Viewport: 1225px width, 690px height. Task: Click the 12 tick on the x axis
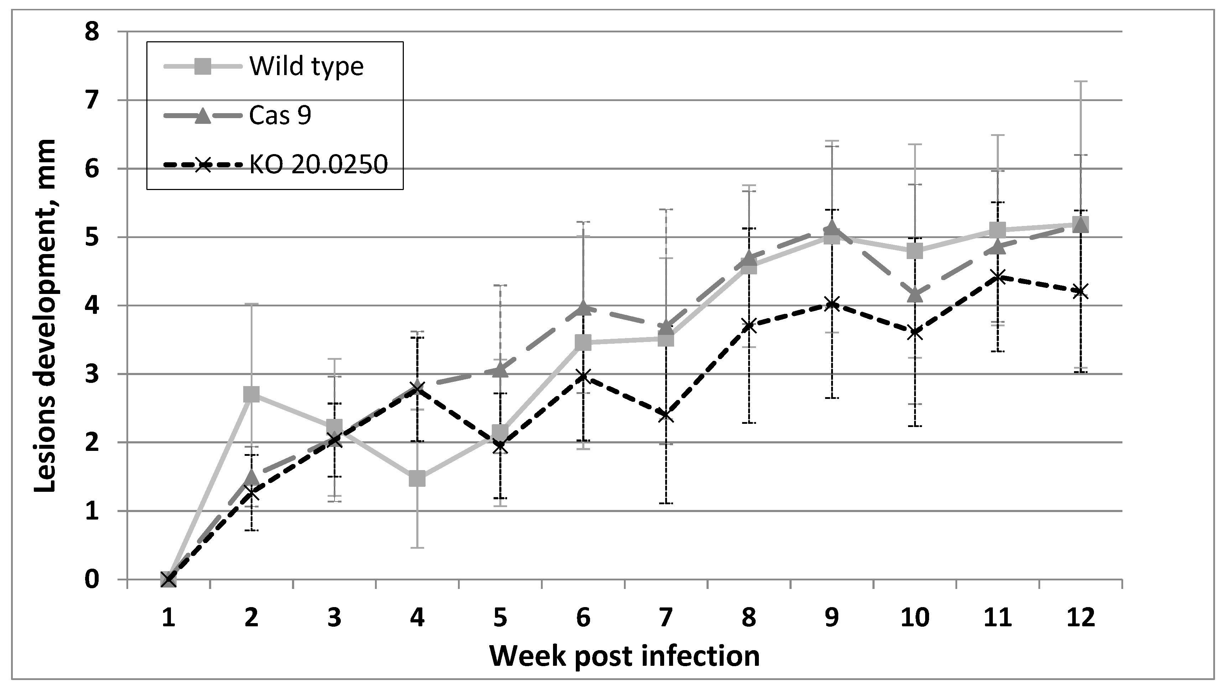[1080, 618]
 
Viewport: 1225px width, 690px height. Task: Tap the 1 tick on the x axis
[168, 618]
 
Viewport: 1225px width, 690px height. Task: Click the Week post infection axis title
[624, 656]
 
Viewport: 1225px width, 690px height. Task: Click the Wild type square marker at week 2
[251, 394]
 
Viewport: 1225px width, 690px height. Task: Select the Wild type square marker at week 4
[417, 479]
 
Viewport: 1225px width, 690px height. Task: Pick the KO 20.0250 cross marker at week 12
[1080, 291]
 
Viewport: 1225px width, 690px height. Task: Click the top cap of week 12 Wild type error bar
[1080, 82]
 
